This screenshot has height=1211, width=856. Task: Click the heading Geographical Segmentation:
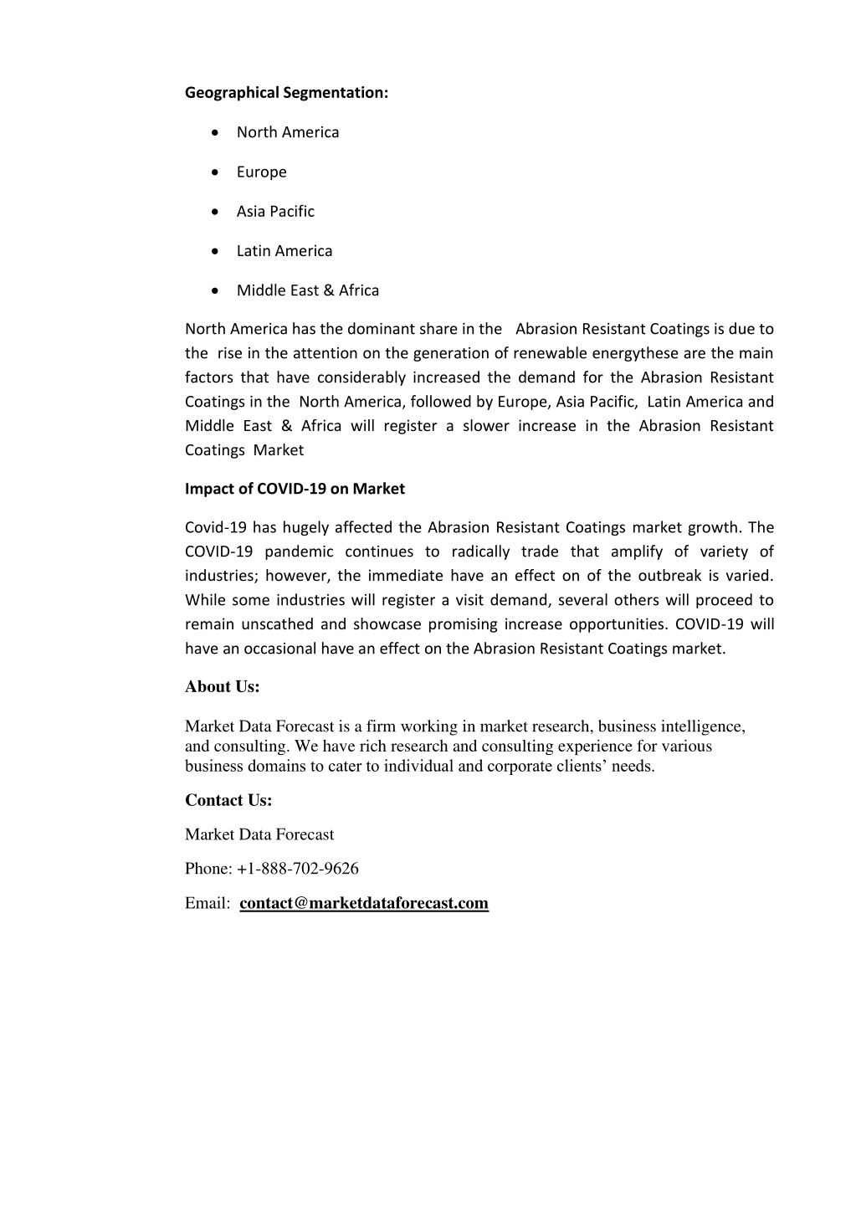point(286,93)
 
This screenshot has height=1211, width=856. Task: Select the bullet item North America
point(288,132)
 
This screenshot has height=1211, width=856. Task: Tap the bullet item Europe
point(261,172)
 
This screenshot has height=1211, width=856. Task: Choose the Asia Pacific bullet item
point(275,211)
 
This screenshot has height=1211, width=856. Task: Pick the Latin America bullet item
point(284,251)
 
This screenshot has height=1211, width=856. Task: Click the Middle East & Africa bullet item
point(307,290)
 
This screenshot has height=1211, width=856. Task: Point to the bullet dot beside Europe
point(217,172)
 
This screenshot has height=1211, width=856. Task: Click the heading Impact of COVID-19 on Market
point(295,489)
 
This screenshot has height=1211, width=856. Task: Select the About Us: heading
point(223,687)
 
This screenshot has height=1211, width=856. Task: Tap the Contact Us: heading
point(228,801)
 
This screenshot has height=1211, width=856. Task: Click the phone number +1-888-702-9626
point(298,869)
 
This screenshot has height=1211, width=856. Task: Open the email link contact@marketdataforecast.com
point(364,903)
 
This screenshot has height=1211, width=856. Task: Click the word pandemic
point(299,552)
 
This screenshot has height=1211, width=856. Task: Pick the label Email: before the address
point(208,903)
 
